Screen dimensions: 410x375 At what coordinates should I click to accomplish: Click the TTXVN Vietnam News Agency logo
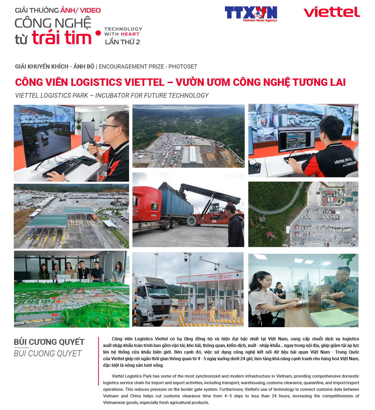251,14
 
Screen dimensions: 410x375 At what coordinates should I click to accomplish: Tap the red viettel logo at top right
331,12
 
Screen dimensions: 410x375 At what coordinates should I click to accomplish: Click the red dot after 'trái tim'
98,33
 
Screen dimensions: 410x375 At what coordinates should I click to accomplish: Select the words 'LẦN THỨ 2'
123,42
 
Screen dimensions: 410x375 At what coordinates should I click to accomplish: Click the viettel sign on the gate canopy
212,277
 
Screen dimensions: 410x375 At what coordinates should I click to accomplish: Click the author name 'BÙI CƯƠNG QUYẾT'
49,342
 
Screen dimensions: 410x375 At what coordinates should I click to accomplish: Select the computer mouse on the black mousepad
86,159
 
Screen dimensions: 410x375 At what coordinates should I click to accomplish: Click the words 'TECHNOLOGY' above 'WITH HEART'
123,29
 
